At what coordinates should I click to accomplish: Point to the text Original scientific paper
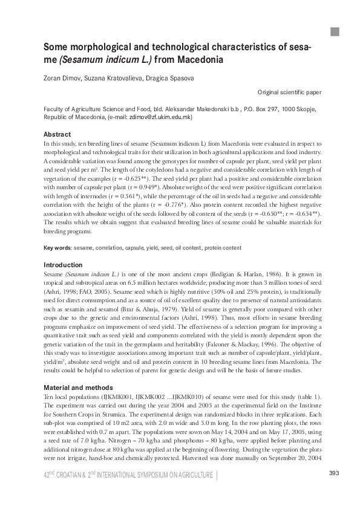pos(289,92)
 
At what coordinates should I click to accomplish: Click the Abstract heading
pos(57,134)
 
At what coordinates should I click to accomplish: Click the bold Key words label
pos(57,248)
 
